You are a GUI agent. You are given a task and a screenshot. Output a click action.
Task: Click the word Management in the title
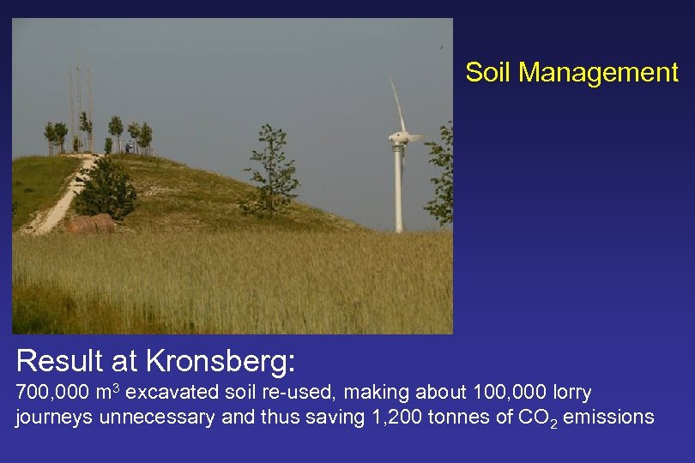(x=598, y=73)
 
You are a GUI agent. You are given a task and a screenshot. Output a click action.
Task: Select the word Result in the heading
(x=59, y=361)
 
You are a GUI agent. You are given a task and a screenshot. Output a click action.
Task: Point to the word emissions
(x=611, y=418)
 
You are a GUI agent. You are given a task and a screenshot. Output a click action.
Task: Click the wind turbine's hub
(x=399, y=137)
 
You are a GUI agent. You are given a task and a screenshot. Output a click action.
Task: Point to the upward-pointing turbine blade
(x=396, y=101)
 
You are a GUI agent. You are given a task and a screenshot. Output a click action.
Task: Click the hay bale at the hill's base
(x=90, y=224)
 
